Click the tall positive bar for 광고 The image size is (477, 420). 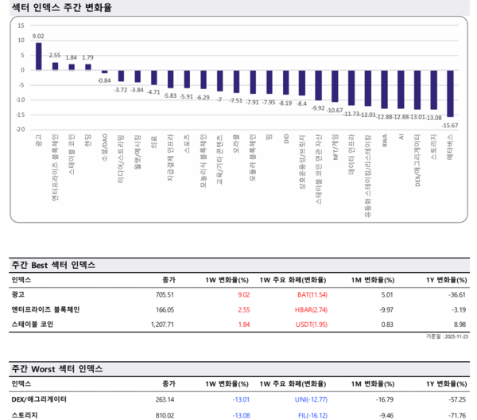[x=38, y=56]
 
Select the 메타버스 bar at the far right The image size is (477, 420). [x=450, y=93]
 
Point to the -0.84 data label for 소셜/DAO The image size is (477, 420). [x=103, y=80]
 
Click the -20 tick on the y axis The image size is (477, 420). [x=20, y=129]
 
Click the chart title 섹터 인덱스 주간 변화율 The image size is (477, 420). [x=61, y=7]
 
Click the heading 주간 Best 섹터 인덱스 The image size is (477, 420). [x=60, y=265]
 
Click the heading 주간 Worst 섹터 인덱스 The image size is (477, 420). [x=62, y=370]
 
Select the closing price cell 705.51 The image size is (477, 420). [x=163, y=294]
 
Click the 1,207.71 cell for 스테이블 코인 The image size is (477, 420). [x=161, y=325]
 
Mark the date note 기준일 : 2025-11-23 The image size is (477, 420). [x=444, y=337]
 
